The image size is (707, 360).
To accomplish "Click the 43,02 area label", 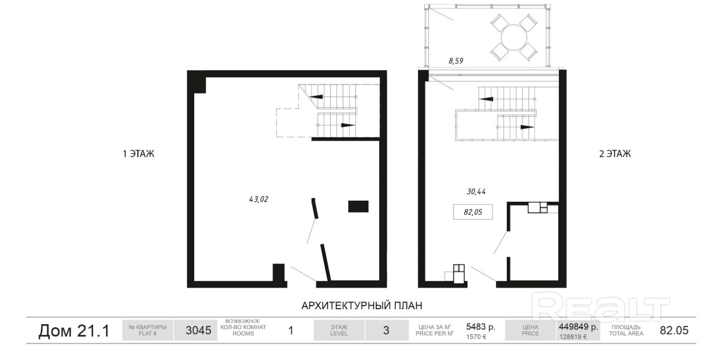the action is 258,199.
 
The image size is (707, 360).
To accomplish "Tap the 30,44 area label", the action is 476,192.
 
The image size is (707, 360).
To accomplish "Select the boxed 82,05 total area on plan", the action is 473,212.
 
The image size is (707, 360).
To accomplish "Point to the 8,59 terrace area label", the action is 456,60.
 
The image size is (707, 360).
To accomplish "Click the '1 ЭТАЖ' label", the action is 138,154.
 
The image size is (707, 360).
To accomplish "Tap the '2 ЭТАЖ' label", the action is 615,154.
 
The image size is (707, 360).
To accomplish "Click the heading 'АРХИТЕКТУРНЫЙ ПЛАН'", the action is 362,305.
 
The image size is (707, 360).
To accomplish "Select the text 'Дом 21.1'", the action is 74,331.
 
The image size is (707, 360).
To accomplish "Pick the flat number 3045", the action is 198,330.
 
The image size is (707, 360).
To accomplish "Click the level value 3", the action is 386,330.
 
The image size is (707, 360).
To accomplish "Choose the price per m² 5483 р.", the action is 481,327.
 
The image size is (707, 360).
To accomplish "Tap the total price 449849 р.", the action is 579,326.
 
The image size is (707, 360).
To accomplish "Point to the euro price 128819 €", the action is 572,337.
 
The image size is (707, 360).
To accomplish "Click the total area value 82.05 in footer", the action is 674,330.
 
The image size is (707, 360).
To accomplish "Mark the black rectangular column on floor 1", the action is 358,207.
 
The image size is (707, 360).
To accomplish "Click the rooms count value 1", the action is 291,331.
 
